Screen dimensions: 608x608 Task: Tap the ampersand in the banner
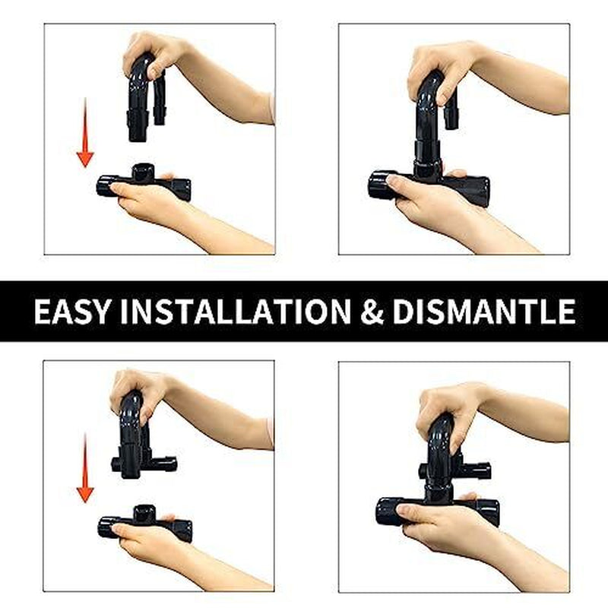373,312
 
